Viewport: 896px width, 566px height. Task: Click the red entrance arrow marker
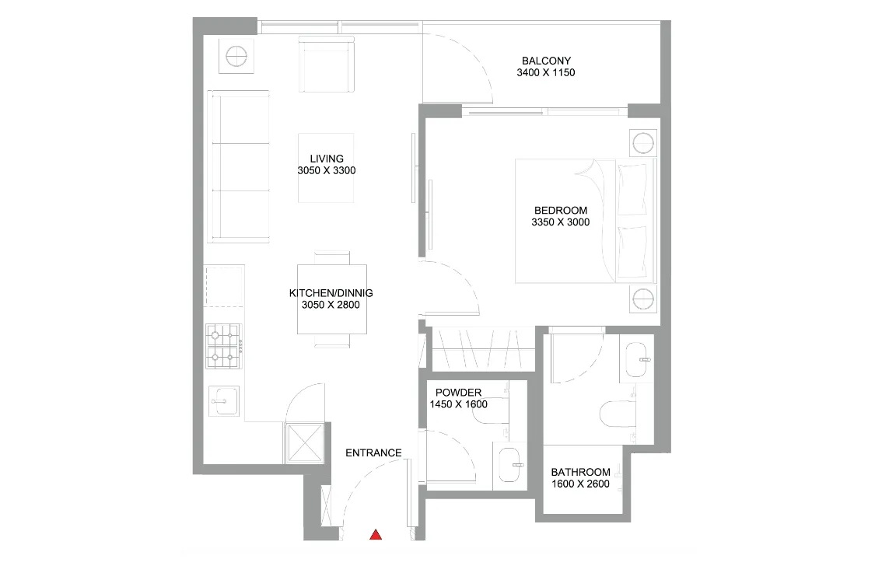click(376, 534)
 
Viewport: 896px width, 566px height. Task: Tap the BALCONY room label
click(546, 61)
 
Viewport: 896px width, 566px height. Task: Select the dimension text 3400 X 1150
click(545, 73)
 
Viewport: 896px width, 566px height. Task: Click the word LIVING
click(326, 159)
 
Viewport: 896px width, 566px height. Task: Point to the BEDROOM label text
click(560, 210)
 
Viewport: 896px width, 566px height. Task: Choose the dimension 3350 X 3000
click(560, 222)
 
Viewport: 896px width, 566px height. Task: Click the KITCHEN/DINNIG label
click(331, 293)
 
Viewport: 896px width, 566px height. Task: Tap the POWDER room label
click(458, 393)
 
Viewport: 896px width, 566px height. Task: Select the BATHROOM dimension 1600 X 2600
click(580, 485)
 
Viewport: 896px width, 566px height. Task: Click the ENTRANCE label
click(373, 452)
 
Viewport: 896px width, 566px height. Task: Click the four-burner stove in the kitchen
click(223, 346)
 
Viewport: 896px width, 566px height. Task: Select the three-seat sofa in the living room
click(239, 166)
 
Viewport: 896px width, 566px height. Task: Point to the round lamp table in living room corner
click(236, 56)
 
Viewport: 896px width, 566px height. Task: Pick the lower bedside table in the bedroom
click(643, 298)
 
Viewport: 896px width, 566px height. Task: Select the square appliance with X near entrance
click(305, 442)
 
